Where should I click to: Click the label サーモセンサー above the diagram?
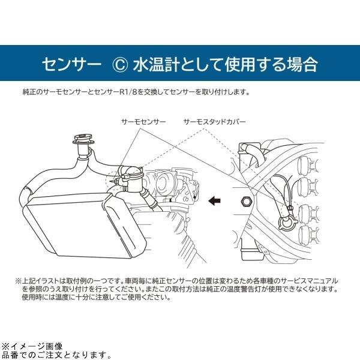coord(144,122)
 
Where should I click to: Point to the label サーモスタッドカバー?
coord(215,122)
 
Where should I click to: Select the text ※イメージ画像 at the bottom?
coord(31,347)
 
